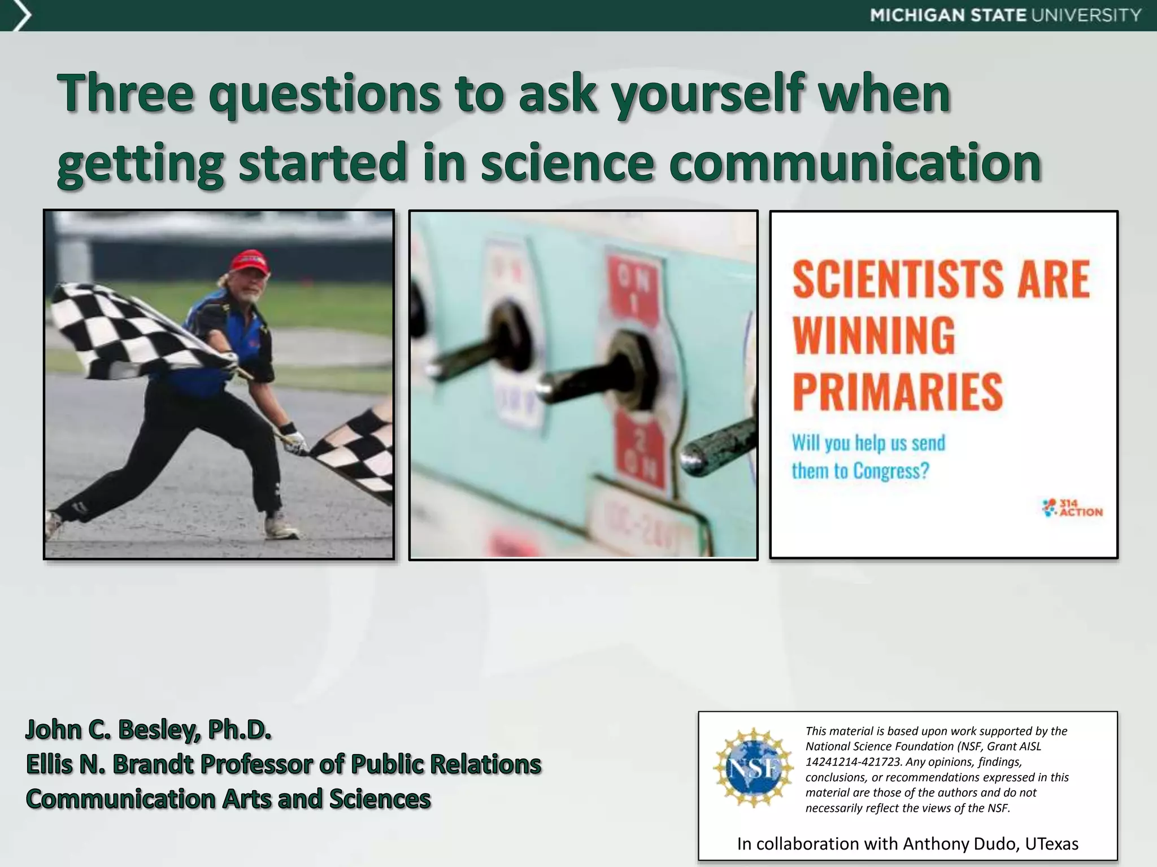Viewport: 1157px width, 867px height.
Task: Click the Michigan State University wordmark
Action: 1006,15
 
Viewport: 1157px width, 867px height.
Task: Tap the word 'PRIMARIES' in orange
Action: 897,392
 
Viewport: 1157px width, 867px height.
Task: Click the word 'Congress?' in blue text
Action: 891,471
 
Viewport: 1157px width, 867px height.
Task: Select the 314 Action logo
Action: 1072,507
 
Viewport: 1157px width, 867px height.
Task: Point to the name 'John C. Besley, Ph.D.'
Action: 149,730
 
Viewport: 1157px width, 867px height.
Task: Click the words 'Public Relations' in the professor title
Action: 446,764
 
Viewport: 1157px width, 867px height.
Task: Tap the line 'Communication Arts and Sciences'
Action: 228,799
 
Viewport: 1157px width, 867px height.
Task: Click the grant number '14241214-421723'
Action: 853,762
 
